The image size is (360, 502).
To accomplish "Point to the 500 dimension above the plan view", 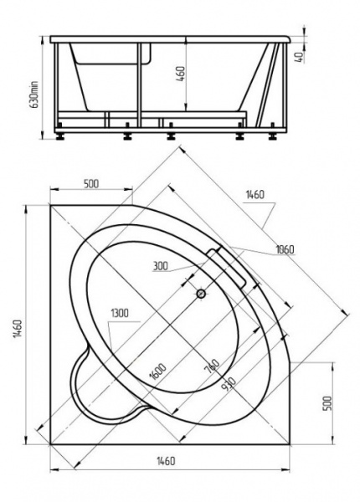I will click(94, 185).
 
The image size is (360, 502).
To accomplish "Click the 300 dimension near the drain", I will click(164, 267).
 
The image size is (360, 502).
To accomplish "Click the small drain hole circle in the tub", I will click(200, 294).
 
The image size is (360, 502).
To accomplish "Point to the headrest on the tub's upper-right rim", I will click(230, 264).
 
